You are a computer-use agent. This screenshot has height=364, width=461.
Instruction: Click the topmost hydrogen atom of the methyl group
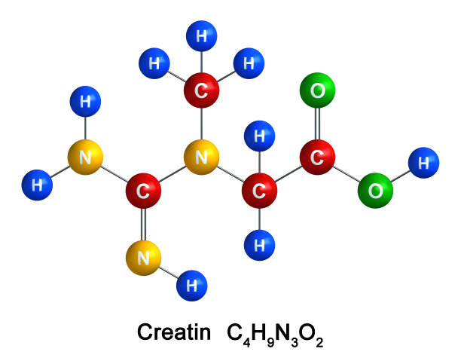[201, 36]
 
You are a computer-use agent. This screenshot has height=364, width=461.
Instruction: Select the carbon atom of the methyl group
[201, 90]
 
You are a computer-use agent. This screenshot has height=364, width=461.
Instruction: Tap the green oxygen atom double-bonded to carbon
[317, 90]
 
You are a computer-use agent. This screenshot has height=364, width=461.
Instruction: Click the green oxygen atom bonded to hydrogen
[375, 191]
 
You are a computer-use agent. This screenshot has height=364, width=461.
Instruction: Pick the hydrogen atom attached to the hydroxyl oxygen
[423, 163]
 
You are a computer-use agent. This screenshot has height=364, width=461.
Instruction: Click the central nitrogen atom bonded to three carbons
[201, 158]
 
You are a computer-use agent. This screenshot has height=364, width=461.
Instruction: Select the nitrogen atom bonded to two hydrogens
[85, 158]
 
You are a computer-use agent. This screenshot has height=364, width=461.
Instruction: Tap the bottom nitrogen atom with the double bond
[143, 258]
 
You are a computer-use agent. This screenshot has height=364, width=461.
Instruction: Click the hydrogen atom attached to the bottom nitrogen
[191, 286]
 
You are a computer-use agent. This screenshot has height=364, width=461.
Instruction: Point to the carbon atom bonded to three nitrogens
[143, 191]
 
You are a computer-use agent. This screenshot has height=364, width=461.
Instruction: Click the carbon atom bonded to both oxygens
[317, 158]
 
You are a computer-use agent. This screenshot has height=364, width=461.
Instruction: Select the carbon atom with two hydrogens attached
[259, 191]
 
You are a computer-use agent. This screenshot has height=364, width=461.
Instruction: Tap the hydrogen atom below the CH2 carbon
[259, 245]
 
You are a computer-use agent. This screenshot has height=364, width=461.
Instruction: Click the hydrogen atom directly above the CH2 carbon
[259, 136]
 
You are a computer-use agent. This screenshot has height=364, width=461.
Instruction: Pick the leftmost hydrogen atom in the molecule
[37, 185]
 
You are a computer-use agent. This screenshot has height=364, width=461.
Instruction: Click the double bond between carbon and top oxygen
[317, 124]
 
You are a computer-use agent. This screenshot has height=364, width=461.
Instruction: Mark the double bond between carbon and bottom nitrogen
[143, 225]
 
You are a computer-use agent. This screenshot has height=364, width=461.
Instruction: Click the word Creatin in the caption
[174, 332]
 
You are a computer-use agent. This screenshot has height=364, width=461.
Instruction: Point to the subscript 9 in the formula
[270, 342]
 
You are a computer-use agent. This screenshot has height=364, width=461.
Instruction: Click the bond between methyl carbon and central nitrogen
[201, 124]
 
